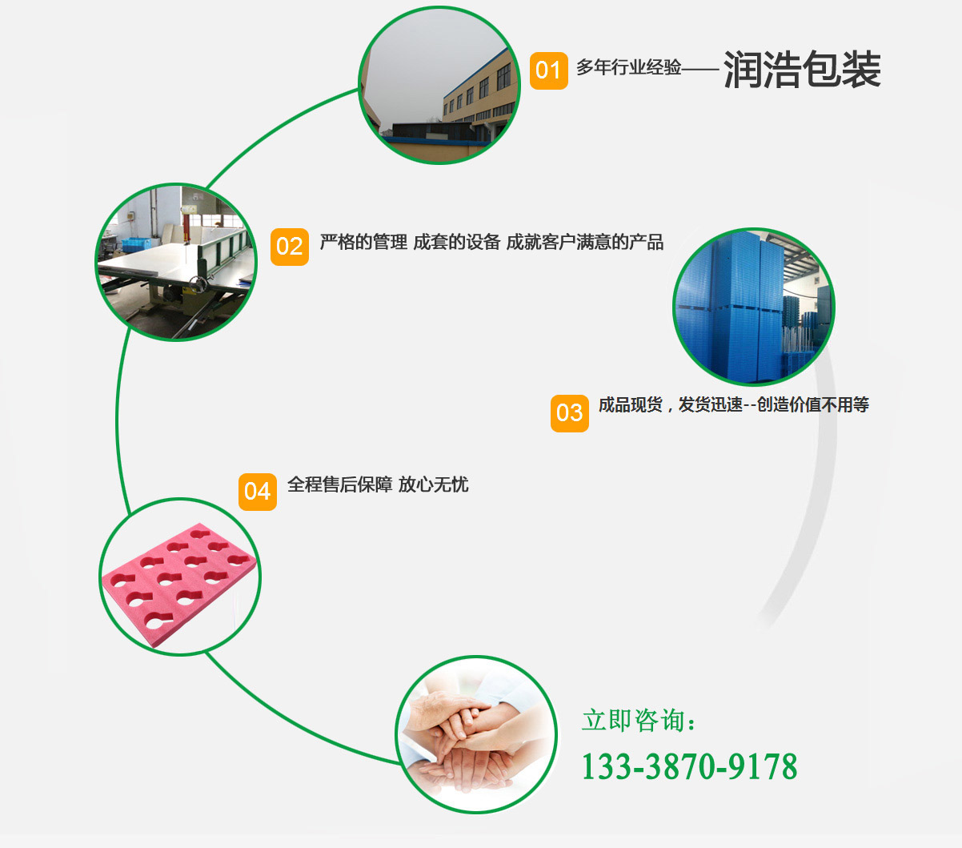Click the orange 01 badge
click(548, 70)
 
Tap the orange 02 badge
click(289, 247)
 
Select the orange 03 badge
click(569, 412)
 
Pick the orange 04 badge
click(257, 491)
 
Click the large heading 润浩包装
click(802, 69)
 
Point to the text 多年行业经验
click(629, 68)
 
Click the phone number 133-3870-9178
click(689, 766)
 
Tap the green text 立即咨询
click(639, 721)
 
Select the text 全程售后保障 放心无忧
click(377, 484)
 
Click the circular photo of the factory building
click(439, 85)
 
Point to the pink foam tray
click(179, 577)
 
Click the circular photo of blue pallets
click(753, 307)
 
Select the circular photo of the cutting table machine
click(176, 263)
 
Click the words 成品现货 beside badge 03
click(631, 405)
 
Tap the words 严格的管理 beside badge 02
click(363, 243)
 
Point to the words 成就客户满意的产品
click(585, 243)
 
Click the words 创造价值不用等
click(813, 405)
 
